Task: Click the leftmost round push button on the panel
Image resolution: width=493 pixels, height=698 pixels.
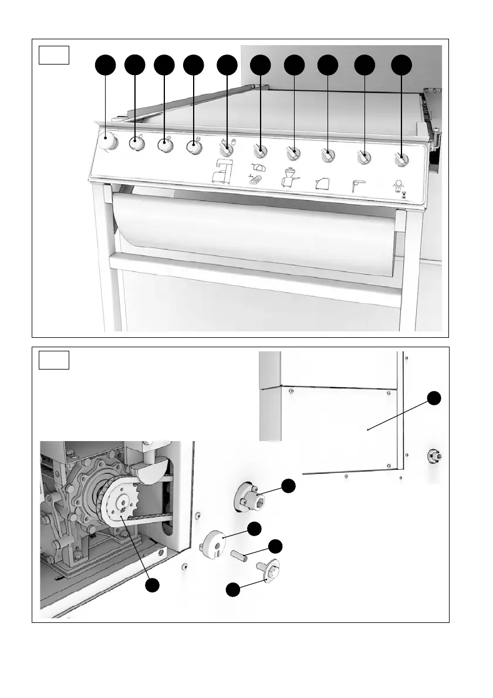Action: click(107, 142)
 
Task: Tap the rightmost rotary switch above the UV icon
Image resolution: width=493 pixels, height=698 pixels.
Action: click(401, 158)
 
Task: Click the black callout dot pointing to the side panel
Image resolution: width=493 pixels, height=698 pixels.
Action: click(434, 398)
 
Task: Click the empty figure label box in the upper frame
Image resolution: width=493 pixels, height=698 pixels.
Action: click(55, 55)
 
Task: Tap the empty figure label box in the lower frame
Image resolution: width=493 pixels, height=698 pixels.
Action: click(55, 360)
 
